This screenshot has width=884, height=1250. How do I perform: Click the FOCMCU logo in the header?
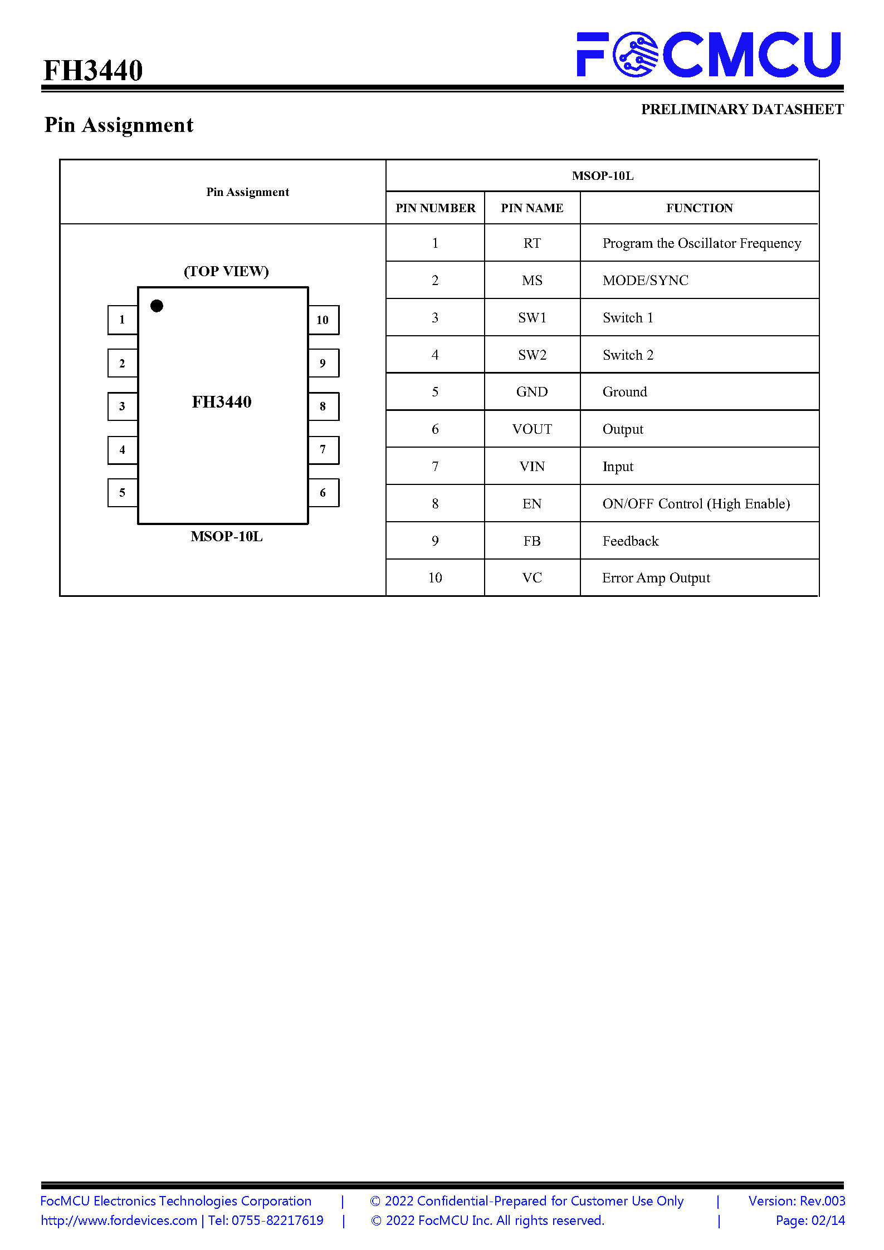709,54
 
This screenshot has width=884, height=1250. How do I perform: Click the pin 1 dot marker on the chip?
157,306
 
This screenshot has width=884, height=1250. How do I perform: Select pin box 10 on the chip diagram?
323,320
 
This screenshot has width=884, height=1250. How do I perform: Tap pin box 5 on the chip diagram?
123,493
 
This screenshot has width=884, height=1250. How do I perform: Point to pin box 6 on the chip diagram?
323,493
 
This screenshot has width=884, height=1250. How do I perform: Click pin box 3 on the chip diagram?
123,406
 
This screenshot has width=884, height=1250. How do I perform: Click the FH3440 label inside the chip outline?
222,401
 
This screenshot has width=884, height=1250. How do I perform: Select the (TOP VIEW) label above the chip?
226,271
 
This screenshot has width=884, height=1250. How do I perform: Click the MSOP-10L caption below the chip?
226,536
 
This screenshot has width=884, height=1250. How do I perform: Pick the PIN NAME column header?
532,208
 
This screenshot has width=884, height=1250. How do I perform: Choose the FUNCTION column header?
700,208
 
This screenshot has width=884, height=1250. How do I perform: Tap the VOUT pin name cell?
532,429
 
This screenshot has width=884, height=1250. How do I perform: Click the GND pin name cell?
532,392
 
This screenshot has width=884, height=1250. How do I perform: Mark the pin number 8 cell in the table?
435,504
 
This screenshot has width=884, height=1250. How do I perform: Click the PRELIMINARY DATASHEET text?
743,109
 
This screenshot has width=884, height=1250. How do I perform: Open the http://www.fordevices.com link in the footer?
119,1220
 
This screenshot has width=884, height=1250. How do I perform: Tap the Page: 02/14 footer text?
810,1220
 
